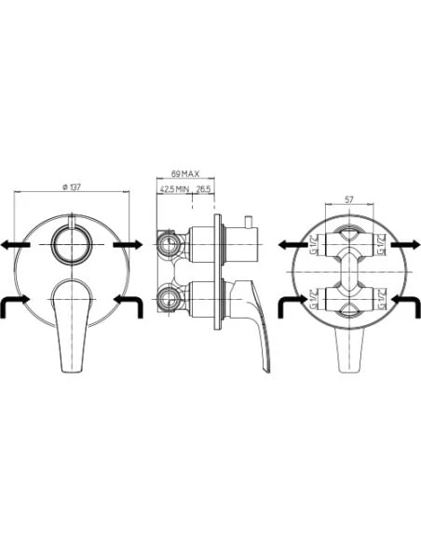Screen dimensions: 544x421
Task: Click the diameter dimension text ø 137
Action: click(x=71, y=187)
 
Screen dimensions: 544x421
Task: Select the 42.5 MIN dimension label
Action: click(x=174, y=189)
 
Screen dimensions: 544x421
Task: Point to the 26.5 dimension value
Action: click(x=202, y=189)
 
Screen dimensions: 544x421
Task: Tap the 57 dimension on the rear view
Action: click(x=348, y=198)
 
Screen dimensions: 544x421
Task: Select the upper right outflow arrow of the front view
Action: click(x=128, y=244)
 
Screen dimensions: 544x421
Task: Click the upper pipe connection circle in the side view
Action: click(x=169, y=245)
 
